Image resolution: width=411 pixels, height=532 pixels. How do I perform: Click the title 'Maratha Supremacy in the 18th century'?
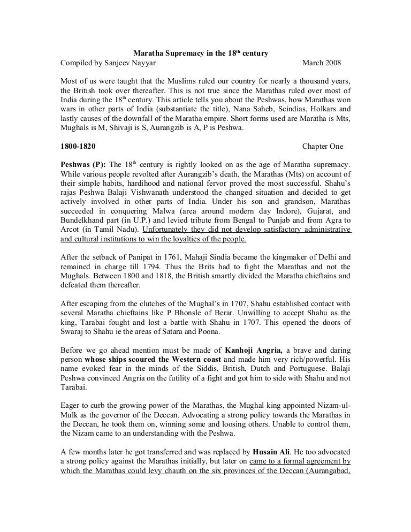click(x=200, y=55)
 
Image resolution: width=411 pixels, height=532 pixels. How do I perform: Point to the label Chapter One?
click(x=323, y=146)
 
